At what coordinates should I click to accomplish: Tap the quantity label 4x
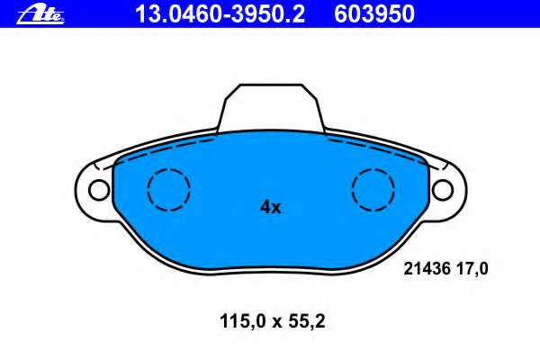pos(270,207)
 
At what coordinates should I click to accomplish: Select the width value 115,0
pos(239,319)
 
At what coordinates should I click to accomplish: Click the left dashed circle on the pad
pos(168,190)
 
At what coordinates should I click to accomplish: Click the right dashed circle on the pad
pos(373,190)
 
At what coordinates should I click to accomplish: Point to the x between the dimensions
pos(273,319)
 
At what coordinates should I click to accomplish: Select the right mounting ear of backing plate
pos(447,189)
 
